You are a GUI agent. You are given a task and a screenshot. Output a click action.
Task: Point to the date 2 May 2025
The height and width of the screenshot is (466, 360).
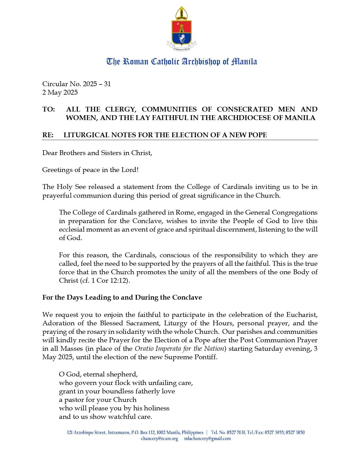pyautogui.click(x=60, y=92)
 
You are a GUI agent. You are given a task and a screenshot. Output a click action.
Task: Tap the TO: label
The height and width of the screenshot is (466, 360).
pyautogui.click(x=49, y=109)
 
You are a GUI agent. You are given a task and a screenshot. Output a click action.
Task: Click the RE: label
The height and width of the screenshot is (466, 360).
pyautogui.click(x=48, y=135)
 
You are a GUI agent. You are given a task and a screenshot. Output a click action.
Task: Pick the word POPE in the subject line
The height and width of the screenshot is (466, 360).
pyautogui.click(x=257, y=135)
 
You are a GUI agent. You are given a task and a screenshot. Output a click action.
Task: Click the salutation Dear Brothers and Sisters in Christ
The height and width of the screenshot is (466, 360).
pyautogui.click(x=97, y=153)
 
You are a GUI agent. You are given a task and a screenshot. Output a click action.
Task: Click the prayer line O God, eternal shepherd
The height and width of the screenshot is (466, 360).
pyautogui.click(x=98, y=374)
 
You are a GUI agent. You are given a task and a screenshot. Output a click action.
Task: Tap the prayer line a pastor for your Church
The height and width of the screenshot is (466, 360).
pyautogui.click(x=97, y=400)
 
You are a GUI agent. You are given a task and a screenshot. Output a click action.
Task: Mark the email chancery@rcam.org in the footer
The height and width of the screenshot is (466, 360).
pyautogui.click(x=160, y=439)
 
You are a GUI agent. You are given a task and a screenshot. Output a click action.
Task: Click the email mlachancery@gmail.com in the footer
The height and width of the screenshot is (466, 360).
pyautogui.click(x=208, y=439)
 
